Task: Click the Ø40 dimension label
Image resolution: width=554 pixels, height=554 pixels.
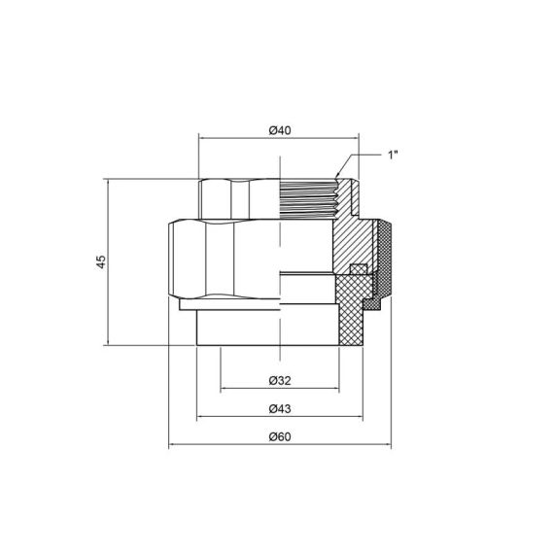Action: [x=279, y=130]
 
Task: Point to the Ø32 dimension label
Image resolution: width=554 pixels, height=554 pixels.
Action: [x=279, y=380]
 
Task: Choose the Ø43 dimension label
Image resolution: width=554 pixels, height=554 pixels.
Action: [x=279, y=408]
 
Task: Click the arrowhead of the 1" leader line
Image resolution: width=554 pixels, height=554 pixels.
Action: [x=339, y=174]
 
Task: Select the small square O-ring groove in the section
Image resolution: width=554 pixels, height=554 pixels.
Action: [x=358, y=269]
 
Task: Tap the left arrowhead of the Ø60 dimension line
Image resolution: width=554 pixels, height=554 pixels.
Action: [x=173, y=447]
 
